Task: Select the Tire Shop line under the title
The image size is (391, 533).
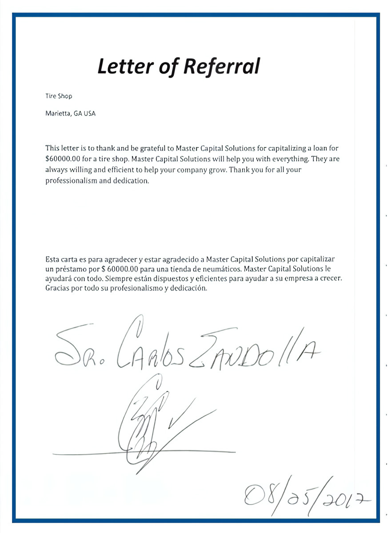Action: (59, 96)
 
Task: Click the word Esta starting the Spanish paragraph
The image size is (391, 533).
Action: (52, 259)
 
